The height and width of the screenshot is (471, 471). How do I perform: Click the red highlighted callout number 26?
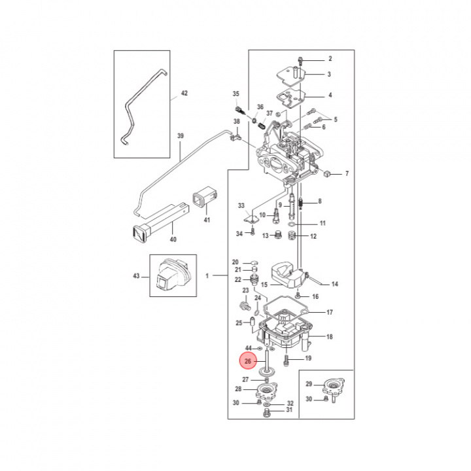coord(248,361)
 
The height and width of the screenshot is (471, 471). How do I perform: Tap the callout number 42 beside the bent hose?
coord(184,94)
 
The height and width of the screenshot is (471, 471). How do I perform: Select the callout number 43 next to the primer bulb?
coord(136,276)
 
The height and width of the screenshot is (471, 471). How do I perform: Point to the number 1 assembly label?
coord(207,276)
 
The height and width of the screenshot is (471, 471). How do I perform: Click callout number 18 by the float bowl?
coord(330,337)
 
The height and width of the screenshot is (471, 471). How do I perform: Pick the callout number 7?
coord(347,174)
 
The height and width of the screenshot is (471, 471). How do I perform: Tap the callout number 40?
coord(173,239)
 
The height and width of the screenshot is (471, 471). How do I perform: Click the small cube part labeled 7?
coord(329,174)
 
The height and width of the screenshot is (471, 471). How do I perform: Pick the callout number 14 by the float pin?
coord(334,284)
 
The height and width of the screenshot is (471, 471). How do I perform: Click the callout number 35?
coord(236,94)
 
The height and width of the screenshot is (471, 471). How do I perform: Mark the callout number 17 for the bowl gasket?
coord(330,313)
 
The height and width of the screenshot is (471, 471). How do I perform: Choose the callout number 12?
coord(313,236)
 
